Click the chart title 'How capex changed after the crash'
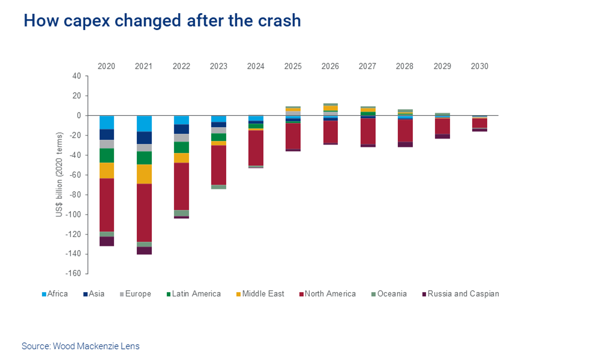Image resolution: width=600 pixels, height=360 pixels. tap(162, 21)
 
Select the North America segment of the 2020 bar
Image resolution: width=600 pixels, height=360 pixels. tap(107, 205)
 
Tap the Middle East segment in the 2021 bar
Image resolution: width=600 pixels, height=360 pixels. tap(144, 174)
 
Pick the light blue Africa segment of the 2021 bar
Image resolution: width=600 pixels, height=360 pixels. tap(144, 124)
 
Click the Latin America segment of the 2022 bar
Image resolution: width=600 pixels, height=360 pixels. tap(181, 147)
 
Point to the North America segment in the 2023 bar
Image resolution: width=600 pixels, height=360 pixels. tap(219, 165)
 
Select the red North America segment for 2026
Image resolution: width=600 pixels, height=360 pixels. tap(330, 132)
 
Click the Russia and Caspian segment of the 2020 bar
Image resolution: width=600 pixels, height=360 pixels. tap(107, 241)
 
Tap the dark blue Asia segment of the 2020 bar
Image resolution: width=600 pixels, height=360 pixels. tap(107, 135)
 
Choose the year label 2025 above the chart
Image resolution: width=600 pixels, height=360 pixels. tap(293, 66)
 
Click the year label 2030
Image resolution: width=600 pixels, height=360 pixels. tap(479, 66)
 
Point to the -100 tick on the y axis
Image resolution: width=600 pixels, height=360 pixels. tap(73, 214)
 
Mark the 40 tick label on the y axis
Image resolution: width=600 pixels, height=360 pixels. tap(77, 76)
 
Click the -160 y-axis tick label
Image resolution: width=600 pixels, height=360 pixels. tap(73, 273)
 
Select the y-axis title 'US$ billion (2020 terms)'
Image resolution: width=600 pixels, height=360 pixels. tap(59, 175)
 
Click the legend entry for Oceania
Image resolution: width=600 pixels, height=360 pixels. tap(389, 294)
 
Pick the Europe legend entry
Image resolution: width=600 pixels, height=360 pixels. tap(135, 294)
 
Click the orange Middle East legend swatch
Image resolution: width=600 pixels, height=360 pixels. tap(238, 294)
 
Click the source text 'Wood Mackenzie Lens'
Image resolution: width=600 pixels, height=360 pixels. tap(96, 346)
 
